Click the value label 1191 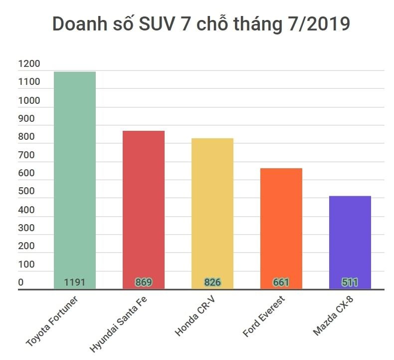pos(75,283)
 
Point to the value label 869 pos(143,283)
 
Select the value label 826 pos(212,283)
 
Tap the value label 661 pos(281,283)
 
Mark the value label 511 pos(350,283)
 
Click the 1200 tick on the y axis pos(28,64)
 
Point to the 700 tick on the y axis pos(26,155)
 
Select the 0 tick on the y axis pos(21,283)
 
